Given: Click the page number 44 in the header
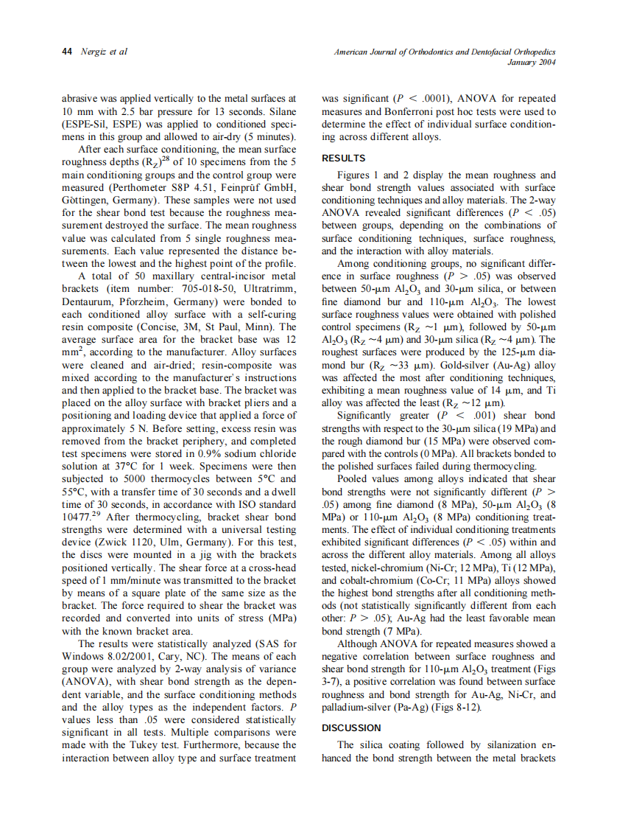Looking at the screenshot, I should [66, 52].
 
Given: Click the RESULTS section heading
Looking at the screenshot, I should [344, 158].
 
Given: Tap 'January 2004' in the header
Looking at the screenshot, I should [532, 63].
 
